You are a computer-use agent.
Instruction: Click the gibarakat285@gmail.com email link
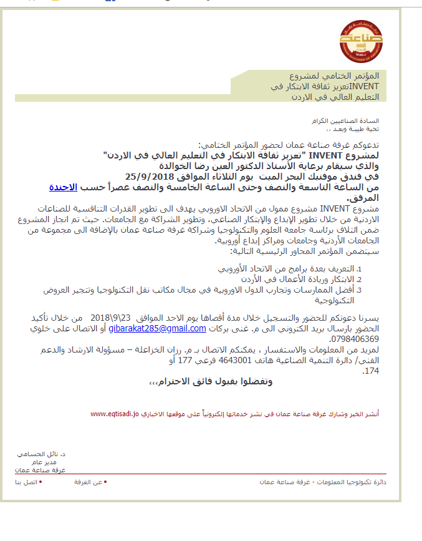tap(158, 329)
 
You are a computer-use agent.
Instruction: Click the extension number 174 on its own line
tap(370, 371)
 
